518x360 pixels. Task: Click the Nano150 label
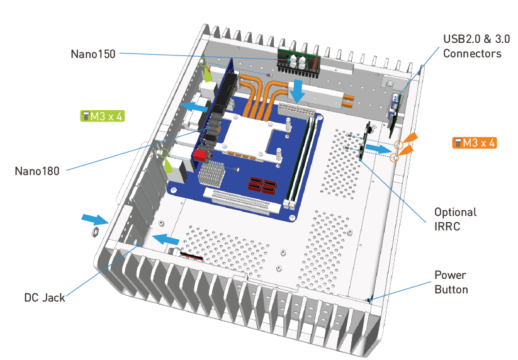[93, 54]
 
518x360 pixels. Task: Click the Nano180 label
[37, 170]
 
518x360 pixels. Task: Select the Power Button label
[451, 282]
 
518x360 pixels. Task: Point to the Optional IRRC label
[455, 219]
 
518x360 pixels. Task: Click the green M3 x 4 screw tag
[102, 116]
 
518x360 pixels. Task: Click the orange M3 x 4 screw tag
[475, 143]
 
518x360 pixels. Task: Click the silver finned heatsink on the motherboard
[212, 172]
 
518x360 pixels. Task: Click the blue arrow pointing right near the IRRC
[378, 148]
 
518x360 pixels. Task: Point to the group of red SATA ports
[261, 186]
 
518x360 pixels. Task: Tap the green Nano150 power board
[300, 60]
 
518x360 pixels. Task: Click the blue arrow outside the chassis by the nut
[94, 218]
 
